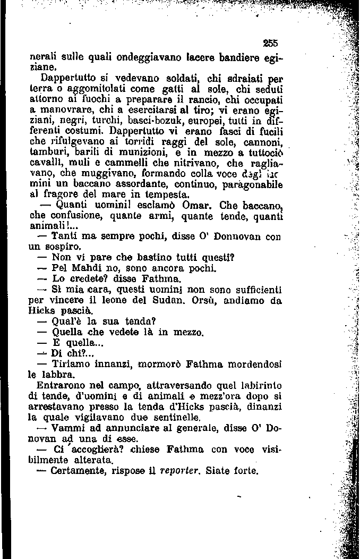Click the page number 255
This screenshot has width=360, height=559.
(x=271, y=44)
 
